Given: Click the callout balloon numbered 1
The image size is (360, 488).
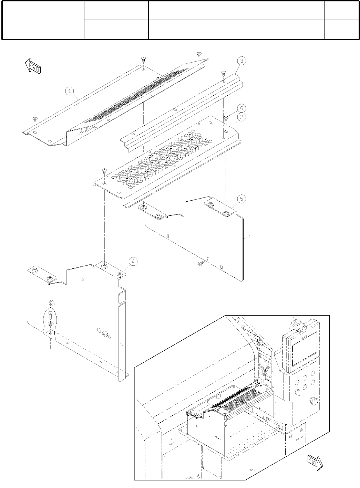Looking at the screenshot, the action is click(70, 91).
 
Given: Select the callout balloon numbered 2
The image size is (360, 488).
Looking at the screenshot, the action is click(242, 117).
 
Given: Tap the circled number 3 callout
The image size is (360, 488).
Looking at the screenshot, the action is click(242, 61).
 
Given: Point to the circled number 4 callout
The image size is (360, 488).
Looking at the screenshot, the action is click(133, 261).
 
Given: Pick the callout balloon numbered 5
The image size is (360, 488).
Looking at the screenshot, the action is click(241, 199).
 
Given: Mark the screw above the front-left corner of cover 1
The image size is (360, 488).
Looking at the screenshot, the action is click(35, 119).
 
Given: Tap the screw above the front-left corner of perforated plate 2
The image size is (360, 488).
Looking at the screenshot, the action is click(105, 170).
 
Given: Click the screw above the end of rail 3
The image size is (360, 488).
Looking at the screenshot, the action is click(223, 73).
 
